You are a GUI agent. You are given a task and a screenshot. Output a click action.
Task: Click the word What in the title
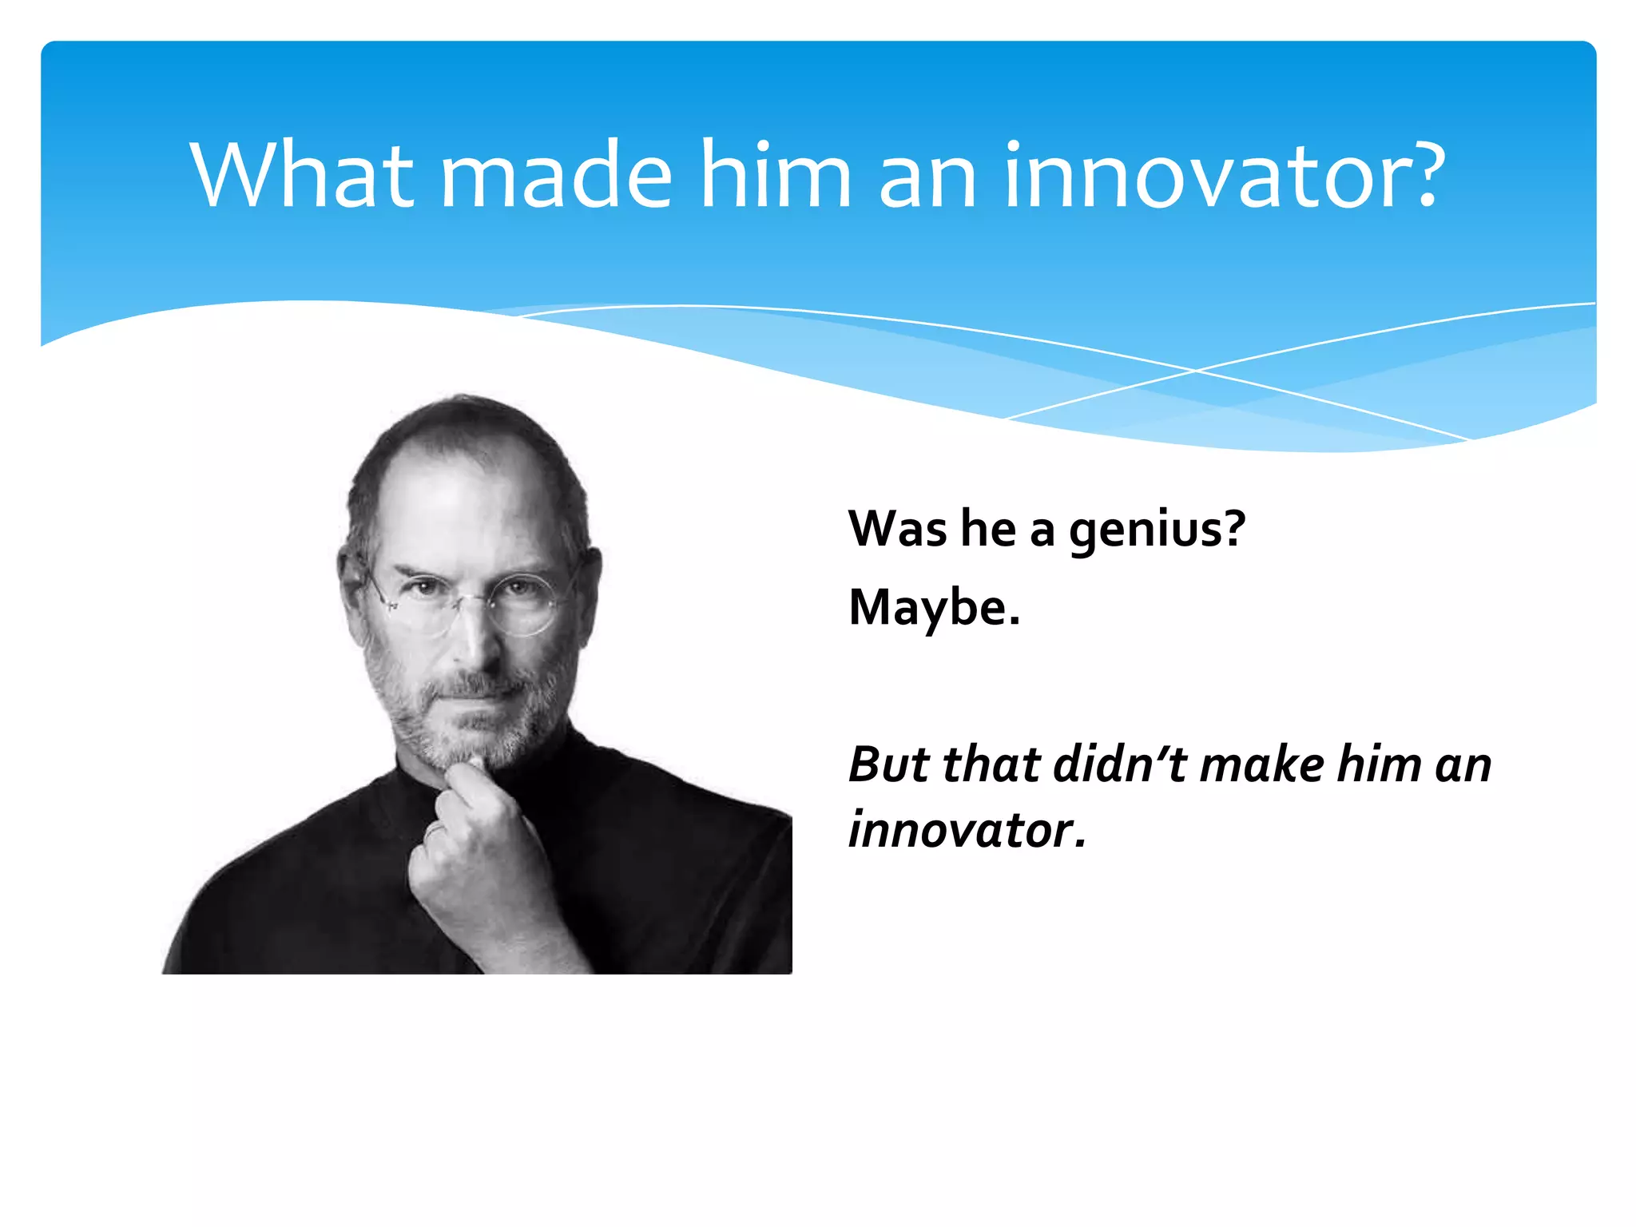pos(302,175)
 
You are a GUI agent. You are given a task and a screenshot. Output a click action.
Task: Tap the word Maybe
pos(934,608)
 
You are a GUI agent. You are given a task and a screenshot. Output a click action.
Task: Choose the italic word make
pos(1262,764)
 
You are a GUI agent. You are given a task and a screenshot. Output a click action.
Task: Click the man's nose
pos(477,639)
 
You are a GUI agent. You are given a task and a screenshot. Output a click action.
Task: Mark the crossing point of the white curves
pos(1196,371)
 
